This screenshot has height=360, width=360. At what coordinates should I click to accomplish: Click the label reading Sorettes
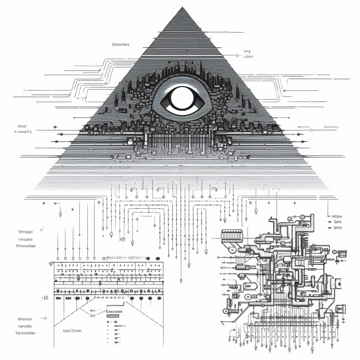click(121, 45)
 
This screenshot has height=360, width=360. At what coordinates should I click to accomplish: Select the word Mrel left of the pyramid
click(22, 126)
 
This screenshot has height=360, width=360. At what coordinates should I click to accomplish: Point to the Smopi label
click(25, 232)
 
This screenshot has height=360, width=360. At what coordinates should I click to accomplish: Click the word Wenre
click(25, 319)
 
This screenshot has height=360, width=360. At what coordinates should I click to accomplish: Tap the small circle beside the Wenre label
click(45, 318)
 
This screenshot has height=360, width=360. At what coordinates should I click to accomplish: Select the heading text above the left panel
click(126, 258)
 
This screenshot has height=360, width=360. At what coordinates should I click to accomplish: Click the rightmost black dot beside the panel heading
click(158, 258)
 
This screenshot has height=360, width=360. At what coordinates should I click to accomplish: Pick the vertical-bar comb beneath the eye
click(179, 141)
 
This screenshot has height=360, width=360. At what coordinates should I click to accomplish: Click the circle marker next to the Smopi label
click(42, 230)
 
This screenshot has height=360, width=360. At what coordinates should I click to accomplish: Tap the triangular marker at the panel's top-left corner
click(51, 263)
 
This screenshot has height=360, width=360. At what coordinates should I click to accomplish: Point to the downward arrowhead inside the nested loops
click(155, 224)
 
